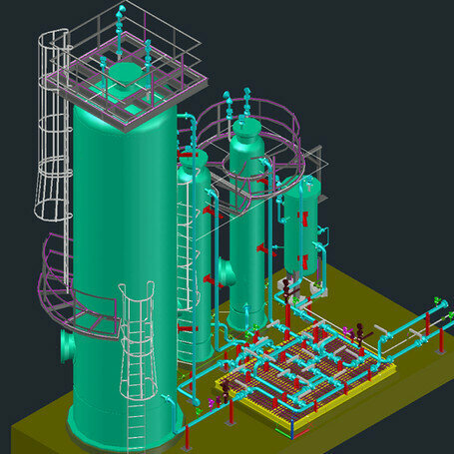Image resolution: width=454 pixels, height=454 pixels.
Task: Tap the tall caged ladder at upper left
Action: (48, 130)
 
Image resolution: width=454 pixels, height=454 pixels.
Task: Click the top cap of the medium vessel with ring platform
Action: (245, 130)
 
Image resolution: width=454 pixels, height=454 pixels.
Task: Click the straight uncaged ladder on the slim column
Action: (184, 269)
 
